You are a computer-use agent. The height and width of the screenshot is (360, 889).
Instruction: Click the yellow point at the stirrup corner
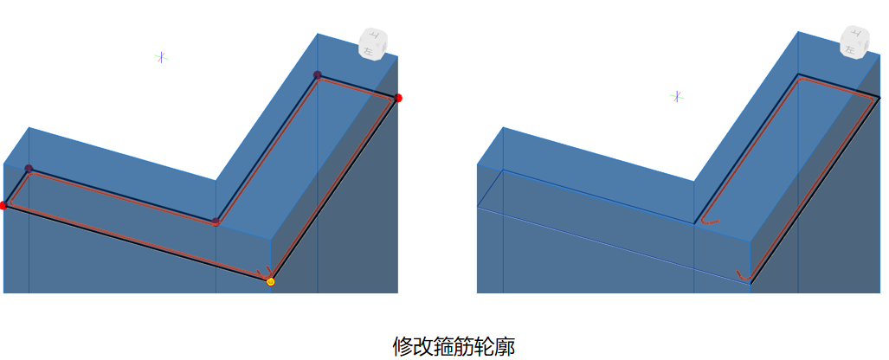(x=271, y=281)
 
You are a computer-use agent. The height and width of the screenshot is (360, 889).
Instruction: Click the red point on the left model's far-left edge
(x=3, y=205)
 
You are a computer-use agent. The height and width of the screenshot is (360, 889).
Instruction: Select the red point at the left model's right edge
(x=398, y=98)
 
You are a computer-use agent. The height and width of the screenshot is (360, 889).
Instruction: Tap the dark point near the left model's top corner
(x=318, y=75)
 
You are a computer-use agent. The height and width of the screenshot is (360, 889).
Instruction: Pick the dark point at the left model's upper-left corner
(x=29, y=169)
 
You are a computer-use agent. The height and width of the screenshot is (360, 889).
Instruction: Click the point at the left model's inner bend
(x=216, y=222)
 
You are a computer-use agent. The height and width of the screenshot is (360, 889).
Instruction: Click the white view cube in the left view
(x=376, y=43)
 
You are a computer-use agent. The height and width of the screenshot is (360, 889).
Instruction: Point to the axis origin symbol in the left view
(x=161, y=57)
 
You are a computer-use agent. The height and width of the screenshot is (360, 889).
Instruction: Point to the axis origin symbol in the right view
(x=678, y=96)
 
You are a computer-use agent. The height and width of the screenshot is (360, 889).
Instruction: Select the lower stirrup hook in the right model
(x=743, y=275)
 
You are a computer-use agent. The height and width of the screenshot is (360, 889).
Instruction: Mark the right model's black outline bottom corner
(x=750, y=283)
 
